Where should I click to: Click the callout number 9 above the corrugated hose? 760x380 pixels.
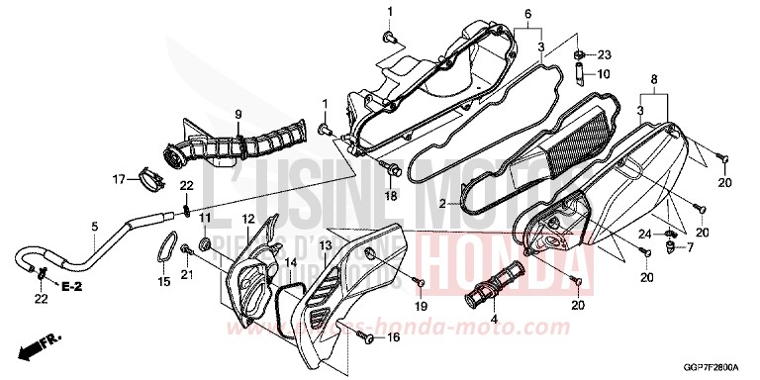(238, 114)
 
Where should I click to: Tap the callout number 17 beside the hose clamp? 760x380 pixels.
(119, 179)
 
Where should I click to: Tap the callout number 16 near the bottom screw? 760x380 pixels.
(394, 338)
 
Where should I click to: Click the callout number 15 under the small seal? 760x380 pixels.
(164, 282)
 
